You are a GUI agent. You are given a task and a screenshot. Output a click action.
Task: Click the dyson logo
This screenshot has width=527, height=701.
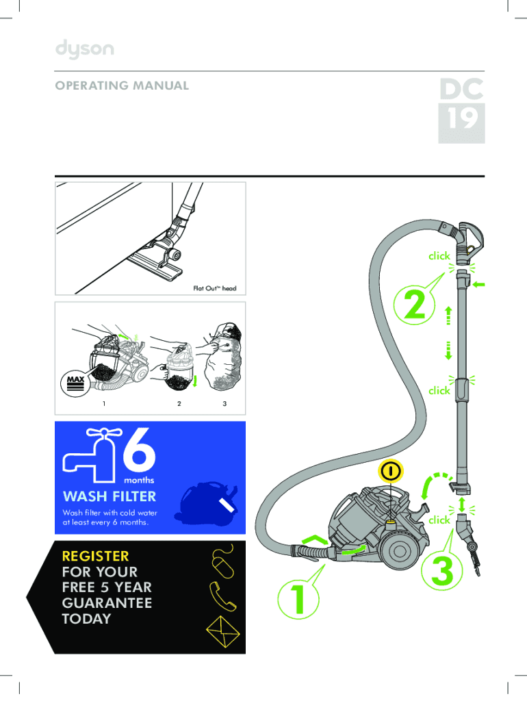[84, 49]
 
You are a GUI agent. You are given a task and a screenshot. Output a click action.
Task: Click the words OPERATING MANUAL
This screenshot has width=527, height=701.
[122, 86]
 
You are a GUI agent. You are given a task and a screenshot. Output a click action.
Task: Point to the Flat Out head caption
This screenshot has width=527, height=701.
[214, 288]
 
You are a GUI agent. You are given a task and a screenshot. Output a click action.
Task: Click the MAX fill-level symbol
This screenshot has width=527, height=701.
[75, 383]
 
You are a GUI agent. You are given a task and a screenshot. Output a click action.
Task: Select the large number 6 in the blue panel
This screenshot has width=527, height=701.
[139, 450]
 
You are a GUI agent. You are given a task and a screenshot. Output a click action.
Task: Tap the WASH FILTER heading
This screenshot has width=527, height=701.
[110, 496]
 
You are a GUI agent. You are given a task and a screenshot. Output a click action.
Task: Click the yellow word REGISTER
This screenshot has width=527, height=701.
[95, 556]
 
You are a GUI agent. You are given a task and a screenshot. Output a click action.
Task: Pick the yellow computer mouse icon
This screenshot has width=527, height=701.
[223, 563]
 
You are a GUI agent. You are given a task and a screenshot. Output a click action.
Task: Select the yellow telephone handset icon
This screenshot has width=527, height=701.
[222, 596]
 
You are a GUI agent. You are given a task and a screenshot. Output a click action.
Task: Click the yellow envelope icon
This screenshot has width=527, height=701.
[222, 631]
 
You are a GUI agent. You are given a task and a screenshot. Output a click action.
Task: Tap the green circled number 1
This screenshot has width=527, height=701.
[298, 598]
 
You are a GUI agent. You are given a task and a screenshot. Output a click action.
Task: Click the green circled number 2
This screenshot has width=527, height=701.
[414, 305]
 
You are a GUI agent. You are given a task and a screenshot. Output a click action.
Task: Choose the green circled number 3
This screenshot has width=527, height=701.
[442, 570]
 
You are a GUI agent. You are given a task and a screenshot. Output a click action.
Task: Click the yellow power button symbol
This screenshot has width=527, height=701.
[391, 471]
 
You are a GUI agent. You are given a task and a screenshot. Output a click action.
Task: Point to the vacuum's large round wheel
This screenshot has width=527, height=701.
[399, 551]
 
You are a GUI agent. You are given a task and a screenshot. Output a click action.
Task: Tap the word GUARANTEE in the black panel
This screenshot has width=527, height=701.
[107, 602]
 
